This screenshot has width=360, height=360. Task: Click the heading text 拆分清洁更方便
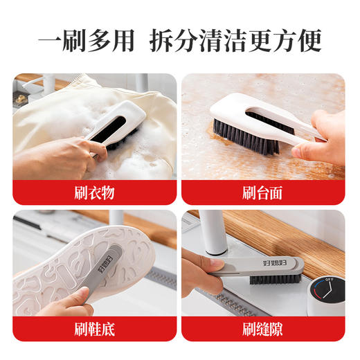[236, 39]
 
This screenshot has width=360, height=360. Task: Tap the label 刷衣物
[93, 192]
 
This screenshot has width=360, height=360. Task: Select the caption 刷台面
[262, 192]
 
